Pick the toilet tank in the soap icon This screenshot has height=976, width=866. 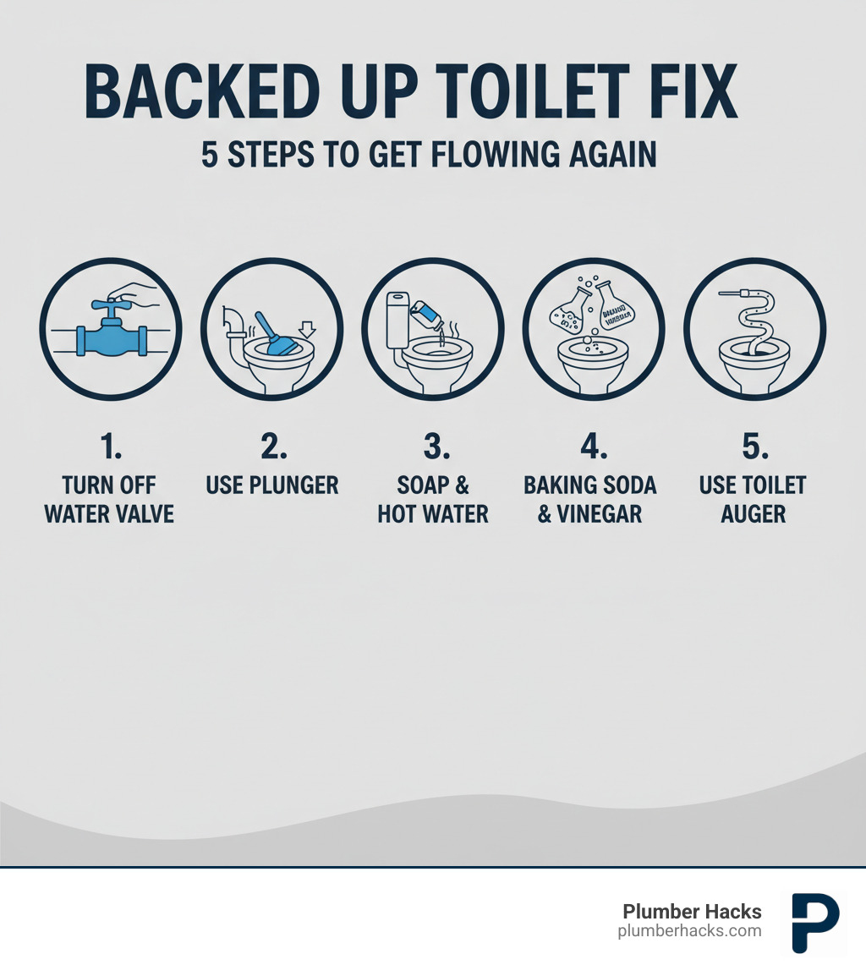(x=397, y=319)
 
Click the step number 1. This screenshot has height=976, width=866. (x=109, y=447)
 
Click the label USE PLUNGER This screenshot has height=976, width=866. (x=272, y=485)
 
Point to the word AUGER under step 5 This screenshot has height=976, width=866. (x=754, y=513)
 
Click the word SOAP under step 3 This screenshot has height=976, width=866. (x=423, y=485)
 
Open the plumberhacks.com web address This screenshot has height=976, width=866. (x=689, y=930)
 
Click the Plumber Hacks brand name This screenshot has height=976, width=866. (x=692, y=911)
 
